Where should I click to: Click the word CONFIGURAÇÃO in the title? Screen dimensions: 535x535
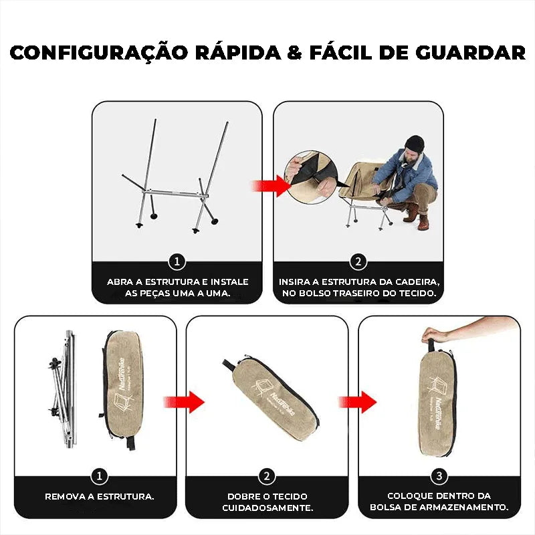point(99,52)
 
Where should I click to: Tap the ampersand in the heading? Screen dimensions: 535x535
point(295,53)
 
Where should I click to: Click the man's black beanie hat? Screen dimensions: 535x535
point(414,144)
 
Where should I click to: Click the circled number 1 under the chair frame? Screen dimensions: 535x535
point(177,262)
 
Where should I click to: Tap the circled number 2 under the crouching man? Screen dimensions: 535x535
point(358,262)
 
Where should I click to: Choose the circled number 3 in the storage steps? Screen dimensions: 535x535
point(439,475)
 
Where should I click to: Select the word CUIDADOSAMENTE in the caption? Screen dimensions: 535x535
point(267,508)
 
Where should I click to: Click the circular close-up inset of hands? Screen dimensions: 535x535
point(311,177)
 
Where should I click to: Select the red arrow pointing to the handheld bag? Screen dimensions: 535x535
point(357,402)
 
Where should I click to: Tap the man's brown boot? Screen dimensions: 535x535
point(423,223)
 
